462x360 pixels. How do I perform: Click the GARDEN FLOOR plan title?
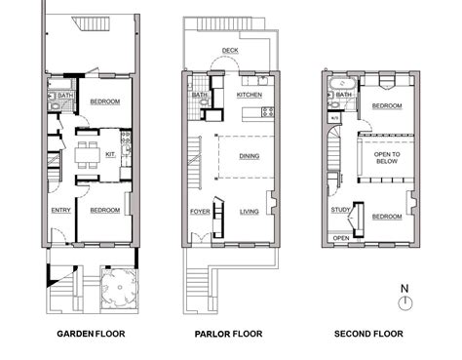[90, 334]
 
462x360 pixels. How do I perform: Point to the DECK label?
[230, 49]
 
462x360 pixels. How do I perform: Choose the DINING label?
[249, 154]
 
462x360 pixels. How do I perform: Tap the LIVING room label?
[250, 210]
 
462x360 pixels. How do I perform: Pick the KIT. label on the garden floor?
[110, 154]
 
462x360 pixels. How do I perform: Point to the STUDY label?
[340, 210]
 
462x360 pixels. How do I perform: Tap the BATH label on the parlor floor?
[200, 96]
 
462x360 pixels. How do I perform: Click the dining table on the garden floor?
[87, 153]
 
